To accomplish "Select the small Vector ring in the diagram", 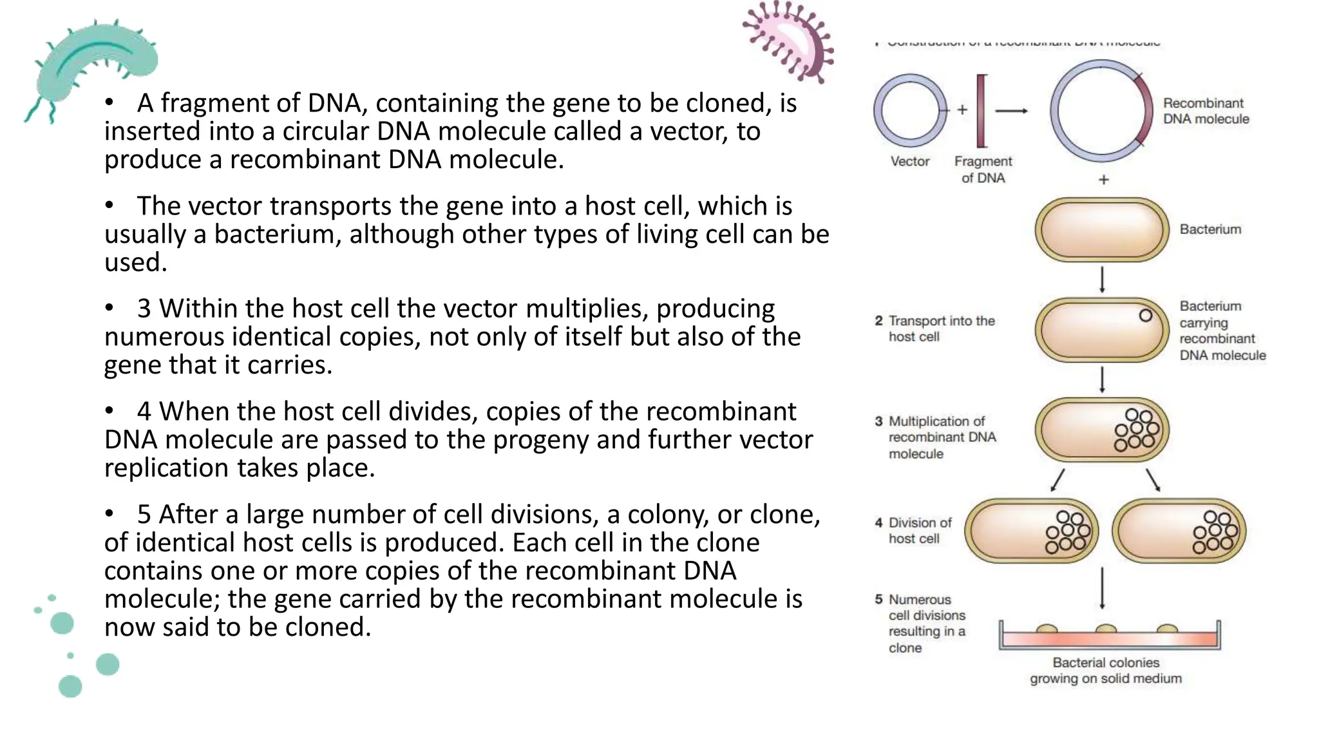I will [910, 111].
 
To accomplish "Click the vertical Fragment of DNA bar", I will [982, 111].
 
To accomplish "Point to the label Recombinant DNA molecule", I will [1206, 111].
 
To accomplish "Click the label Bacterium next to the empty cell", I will [1210, 229].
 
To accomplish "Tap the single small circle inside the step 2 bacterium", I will [1145, 316].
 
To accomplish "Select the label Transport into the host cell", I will [940, 328].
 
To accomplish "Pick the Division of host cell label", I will [919, 531].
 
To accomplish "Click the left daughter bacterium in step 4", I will [1030, 531].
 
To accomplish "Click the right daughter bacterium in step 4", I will [1179, 531].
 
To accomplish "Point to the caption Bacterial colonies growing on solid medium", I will [1105, 671].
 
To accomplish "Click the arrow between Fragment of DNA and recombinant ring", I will [1011, 111].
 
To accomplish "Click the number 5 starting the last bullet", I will [144, 515].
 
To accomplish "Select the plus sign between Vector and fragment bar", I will [962, 110].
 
